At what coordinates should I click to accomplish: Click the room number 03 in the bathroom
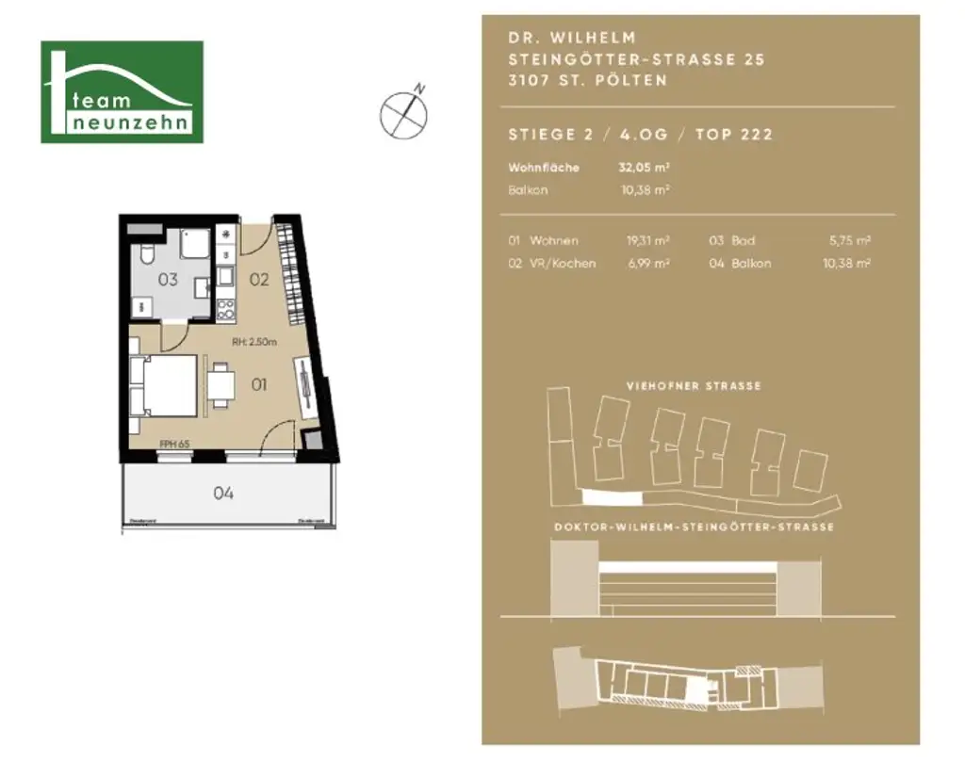[x=168, y=279]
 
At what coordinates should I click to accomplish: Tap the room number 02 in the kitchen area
[x=259, y=279]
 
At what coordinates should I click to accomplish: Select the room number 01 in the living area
[x=259, y=384]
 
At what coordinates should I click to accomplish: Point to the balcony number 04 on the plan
[x=223, y=493]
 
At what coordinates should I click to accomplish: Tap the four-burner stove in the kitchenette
[x=225, y=308]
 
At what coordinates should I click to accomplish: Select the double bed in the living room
[x=166, y=386]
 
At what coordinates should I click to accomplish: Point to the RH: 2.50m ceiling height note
[x=254, y=343]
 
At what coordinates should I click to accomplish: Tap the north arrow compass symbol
[x=403, y=113]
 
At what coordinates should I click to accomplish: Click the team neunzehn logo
[x=122, y=92]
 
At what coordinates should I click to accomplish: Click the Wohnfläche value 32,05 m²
[x=644, y=168]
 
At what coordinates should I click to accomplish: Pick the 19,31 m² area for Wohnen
[x=647, y=241]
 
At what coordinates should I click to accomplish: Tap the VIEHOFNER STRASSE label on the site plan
[x=694, y=386]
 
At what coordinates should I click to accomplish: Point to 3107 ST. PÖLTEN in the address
[x=587, y=81]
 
